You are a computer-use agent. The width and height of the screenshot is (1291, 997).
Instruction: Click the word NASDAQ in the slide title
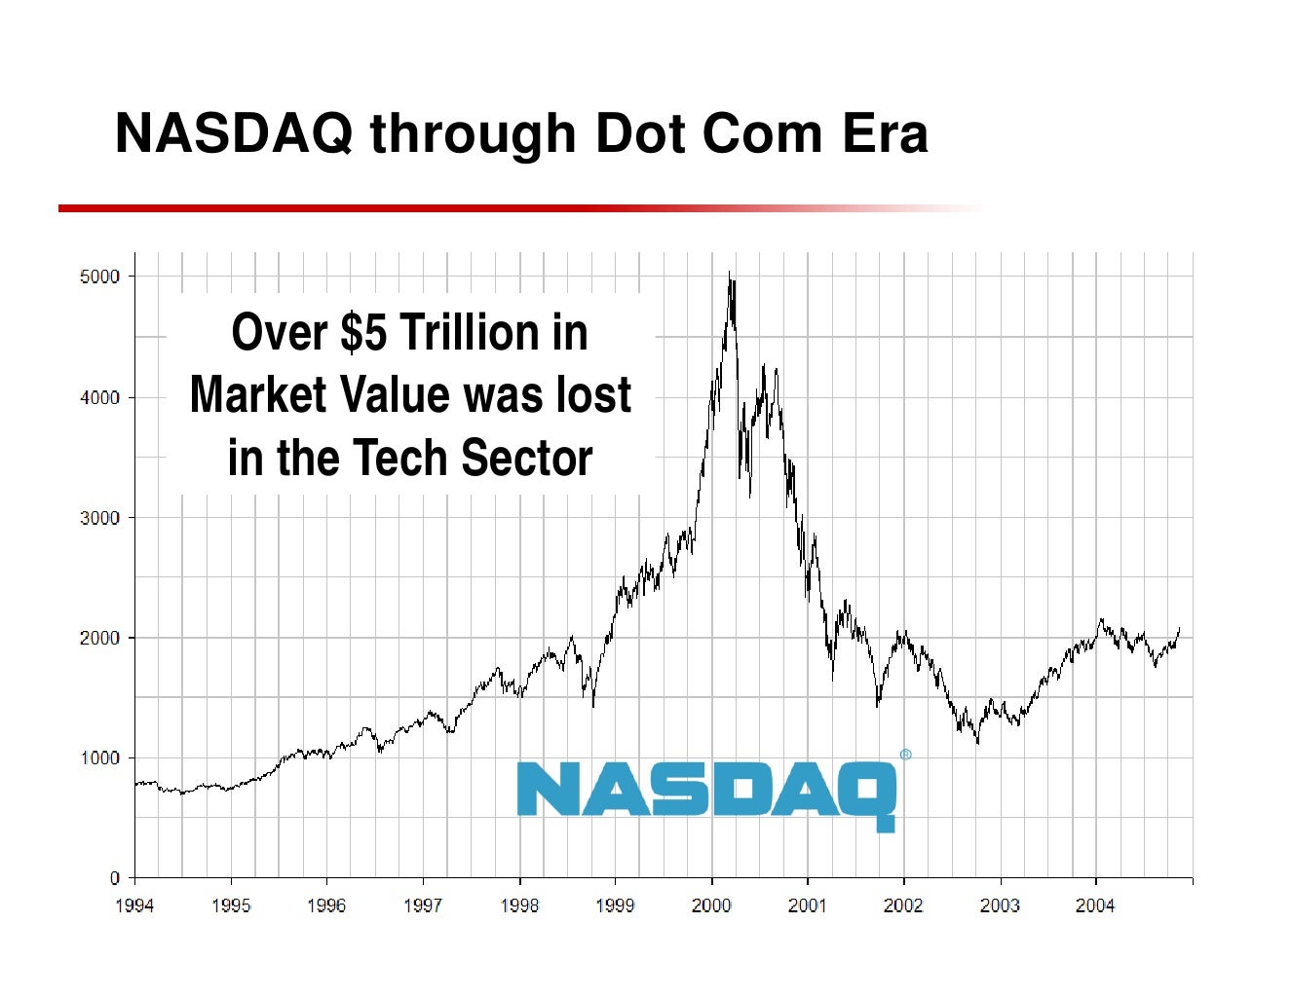point(234,133)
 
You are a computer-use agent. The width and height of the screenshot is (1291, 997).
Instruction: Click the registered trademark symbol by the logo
point(905,755)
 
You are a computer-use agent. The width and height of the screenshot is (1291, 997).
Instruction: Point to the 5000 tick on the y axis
point(99,277)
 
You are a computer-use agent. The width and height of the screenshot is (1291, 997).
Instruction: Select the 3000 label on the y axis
point(99,518)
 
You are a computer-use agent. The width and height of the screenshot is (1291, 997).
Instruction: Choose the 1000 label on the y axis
point(99,758)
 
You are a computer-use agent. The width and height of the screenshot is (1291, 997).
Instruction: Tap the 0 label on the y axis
point(114,878)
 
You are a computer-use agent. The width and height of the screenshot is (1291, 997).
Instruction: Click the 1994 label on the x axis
point(134,906)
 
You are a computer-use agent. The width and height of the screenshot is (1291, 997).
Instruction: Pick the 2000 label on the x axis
point(711,906)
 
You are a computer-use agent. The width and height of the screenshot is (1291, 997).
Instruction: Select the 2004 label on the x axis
point(1095,906)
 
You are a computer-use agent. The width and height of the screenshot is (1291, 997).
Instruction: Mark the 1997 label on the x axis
point(423,906)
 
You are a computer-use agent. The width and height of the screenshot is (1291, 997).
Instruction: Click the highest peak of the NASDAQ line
point(730,274)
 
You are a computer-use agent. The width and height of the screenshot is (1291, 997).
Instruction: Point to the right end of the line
point(1179,629)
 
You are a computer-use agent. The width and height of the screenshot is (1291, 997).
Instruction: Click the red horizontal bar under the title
point(390,208)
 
